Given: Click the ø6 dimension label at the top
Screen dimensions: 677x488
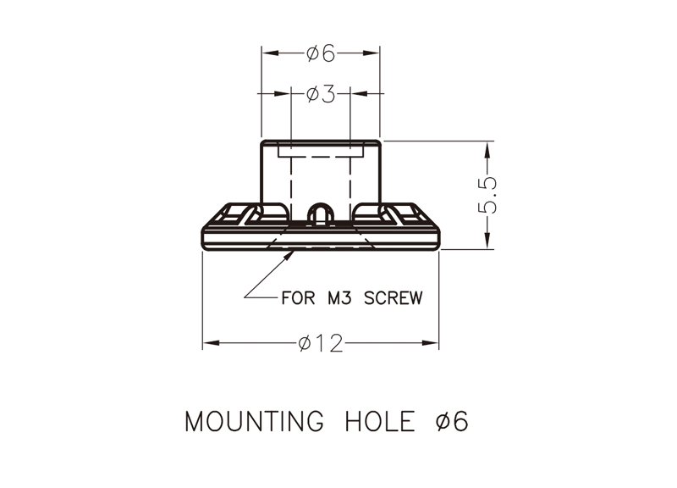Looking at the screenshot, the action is click(321, 53).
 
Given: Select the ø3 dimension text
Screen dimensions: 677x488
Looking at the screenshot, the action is click(321, 94).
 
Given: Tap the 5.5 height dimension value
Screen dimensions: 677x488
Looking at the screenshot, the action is click(487, 195).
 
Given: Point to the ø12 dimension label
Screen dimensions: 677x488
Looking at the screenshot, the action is click(321, 343).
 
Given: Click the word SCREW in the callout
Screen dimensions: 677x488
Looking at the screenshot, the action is click(393, 298).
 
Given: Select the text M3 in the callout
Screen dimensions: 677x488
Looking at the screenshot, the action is click(340, 298).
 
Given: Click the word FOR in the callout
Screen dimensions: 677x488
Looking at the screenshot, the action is click(298, 298).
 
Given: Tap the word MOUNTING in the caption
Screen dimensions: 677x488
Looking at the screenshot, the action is click(254, 421).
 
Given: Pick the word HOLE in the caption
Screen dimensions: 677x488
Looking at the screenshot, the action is click(380, 421).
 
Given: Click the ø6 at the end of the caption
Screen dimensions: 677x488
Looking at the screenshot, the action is click(452, 421).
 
